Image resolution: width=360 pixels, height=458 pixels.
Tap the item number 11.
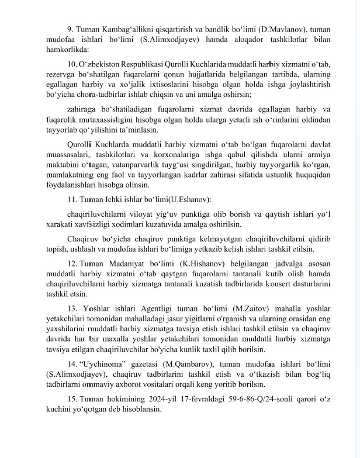[x=72, y=198]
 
